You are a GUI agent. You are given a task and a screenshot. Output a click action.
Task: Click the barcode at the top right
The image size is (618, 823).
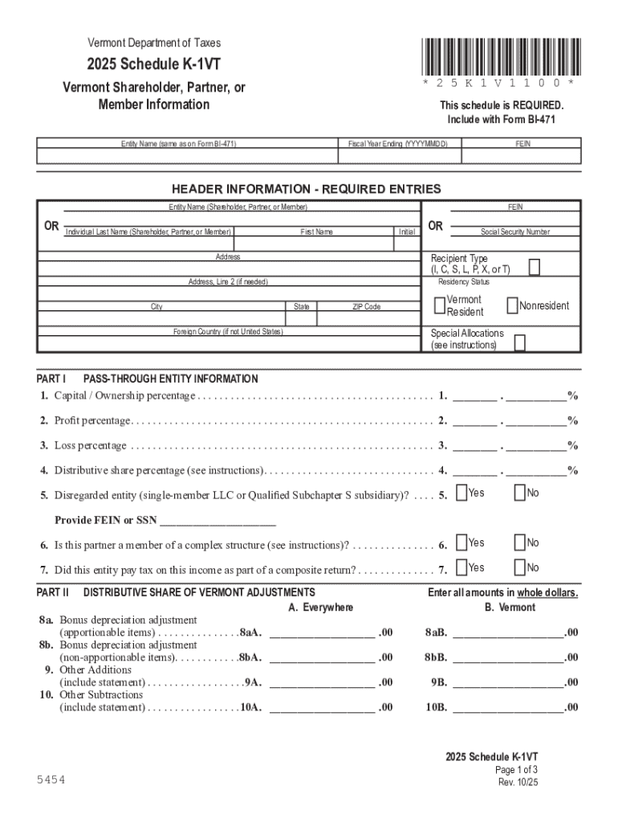point(498,56)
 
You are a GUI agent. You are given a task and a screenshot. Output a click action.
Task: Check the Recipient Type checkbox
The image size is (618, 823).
point(535,267)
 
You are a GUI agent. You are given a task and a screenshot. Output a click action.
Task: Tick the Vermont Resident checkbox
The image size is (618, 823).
point(439,305)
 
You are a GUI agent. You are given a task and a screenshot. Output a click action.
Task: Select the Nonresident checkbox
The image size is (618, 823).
point(512,305)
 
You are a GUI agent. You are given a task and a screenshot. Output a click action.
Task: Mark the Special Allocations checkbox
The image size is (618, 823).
point(519,343)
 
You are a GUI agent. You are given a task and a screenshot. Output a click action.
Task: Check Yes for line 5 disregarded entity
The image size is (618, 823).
point(461,492)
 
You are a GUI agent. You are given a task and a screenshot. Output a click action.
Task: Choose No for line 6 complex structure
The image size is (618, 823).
point(519,543)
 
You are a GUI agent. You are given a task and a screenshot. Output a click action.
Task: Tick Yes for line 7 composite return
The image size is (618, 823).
point(461,567)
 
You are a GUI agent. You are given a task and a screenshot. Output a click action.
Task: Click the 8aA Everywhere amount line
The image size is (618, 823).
point(322,633)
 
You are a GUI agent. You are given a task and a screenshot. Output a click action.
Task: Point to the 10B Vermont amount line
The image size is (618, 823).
point(508,707)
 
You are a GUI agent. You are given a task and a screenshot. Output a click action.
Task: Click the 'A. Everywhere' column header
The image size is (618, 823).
point(320,607)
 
